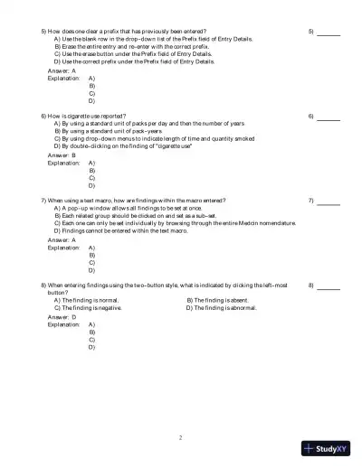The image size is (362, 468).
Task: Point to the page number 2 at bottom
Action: [x=180, y=437]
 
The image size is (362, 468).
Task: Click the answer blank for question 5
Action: [x=329, y=33]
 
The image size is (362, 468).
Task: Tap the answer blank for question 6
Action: [x=329, y=117]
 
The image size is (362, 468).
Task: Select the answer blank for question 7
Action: [x=329, y=201]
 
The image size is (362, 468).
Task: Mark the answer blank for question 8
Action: [x=329, y=285]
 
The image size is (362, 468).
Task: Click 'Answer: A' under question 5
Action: [x=62, y=70]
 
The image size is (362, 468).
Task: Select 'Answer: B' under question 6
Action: [x=62, y=154]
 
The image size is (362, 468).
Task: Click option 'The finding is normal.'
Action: [x=90, y=299]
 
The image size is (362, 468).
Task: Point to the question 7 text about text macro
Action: [x=136, y=200]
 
